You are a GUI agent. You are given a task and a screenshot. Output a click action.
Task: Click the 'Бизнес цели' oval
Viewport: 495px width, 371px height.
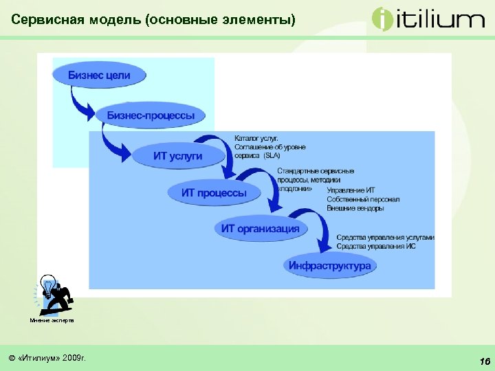coord(99,75)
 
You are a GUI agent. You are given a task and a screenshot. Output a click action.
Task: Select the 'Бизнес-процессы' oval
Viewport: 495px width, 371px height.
coord(151,115)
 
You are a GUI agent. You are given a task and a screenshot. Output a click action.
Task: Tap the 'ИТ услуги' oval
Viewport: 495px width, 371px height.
coord(177,156)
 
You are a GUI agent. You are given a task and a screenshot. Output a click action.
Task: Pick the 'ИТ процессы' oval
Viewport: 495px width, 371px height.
coord(214,192)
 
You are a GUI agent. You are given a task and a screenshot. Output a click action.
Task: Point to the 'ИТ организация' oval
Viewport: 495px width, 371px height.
coord(260,229)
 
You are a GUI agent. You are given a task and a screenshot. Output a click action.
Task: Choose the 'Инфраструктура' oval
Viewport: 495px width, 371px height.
coord(329,265)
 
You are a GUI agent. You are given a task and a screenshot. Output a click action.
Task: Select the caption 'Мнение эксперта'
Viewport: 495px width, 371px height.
coord(52,320)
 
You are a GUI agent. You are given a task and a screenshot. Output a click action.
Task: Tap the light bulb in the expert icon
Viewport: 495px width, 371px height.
coord(48,284)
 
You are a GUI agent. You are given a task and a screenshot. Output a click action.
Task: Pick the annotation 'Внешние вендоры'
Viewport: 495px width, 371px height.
coord(355,208)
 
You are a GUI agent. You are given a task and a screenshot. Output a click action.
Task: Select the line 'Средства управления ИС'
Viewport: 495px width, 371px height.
coord(375,245)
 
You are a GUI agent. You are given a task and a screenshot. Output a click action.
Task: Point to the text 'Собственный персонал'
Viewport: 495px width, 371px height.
coord(363,199)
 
